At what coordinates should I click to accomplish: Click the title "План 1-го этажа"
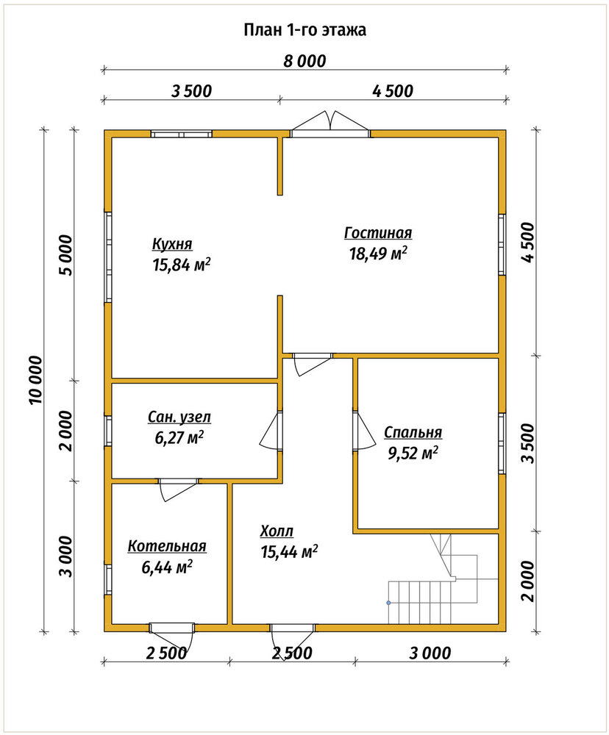click(304, 30)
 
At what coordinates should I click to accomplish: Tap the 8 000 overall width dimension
click(304, 61)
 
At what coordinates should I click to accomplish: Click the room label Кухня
click(171, 244)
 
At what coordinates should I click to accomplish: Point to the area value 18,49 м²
click(378, 253)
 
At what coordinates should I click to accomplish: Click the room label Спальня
click(413, 433)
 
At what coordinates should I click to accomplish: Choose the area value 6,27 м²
click(179, 437)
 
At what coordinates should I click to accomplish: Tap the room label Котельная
click(167, 546)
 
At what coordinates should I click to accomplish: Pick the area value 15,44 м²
click(290, 551)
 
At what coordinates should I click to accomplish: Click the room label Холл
click(277, 531)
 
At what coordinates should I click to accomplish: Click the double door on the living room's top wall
click(330, 123)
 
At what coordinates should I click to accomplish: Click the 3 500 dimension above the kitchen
click(191, 91)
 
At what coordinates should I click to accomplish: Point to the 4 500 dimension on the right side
click(528, 243)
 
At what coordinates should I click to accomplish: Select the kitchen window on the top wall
click(181, 134)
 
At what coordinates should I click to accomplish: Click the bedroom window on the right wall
click(502, 443)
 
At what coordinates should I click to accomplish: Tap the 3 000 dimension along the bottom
click(430, 653)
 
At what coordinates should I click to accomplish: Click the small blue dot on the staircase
click(388, 603)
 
